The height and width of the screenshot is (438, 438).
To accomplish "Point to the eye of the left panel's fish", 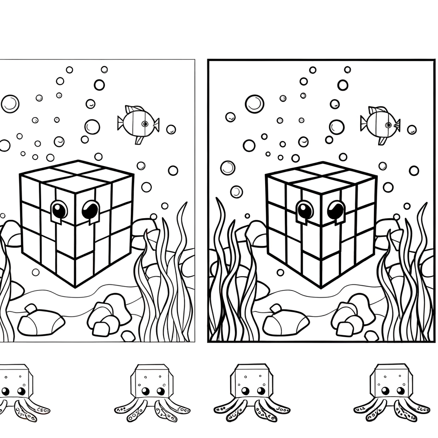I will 145,124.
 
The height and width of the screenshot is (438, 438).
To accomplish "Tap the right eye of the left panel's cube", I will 90,210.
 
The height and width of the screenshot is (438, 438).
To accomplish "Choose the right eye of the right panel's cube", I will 335,210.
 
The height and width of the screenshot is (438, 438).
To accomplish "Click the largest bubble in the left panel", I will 10,104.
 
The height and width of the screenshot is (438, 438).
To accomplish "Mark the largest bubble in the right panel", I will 255,104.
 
